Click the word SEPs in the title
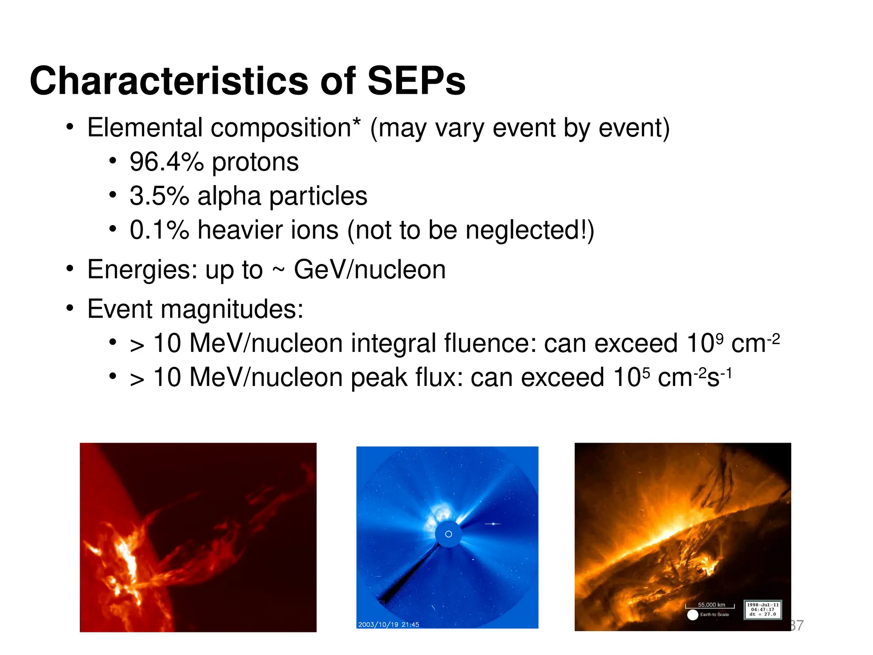(416, 81)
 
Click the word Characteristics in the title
(169, 81)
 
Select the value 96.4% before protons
(167, 162)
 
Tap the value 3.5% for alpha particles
(159, 196)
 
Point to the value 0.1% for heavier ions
(159, 230)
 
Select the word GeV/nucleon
(370, 270)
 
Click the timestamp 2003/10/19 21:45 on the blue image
(388, 625)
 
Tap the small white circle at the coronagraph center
(448, 534)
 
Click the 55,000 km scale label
(711, 605)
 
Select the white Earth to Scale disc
(693, 615)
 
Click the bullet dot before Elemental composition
(70, 128)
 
